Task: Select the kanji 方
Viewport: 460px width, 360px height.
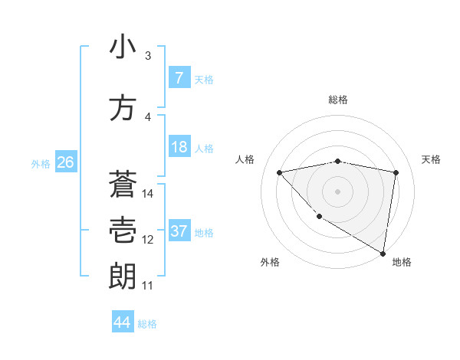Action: pos(123,108)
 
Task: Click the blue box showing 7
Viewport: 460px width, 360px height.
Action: pos(179,78)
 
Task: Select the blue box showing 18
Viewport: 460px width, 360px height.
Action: pos(179,147)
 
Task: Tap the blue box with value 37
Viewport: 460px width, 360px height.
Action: pos(179,231)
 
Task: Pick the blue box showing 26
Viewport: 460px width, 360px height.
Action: pos(66,162)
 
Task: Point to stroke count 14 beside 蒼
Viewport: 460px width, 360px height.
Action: pos(149,194)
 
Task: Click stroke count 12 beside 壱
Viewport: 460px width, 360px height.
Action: pos(148,240)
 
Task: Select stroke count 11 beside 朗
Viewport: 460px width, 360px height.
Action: pos(148,286)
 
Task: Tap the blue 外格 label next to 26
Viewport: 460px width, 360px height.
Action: pos(41,163)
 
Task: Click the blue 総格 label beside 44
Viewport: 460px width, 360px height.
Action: pos(147,324)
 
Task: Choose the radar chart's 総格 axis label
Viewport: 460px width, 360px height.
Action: pos(338,100)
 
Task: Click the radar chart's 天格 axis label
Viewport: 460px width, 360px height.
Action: pos(432,159)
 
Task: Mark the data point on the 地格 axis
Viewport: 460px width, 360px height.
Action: pos(383,253)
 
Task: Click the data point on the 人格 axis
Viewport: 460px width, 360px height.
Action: pos(280,172)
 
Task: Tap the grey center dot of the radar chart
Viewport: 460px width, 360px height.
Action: pos(338,191)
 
